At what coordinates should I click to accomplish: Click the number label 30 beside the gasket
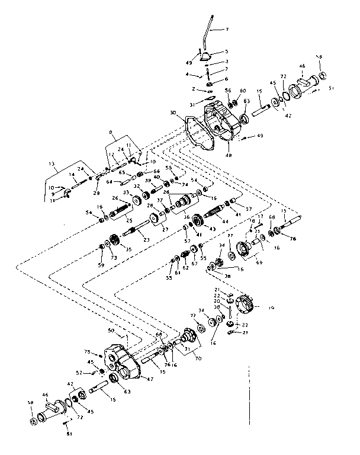pyautogui.click(x=173, y=113)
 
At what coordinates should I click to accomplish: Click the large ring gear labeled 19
pyautogui.click(x=245, y=305)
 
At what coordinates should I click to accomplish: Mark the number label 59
pyautogui.click(x=101, y=265)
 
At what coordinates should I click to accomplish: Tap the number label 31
pyautogui.click(x=192, y=105)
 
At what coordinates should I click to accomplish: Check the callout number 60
pyautogui.click(x=243, y=90)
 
